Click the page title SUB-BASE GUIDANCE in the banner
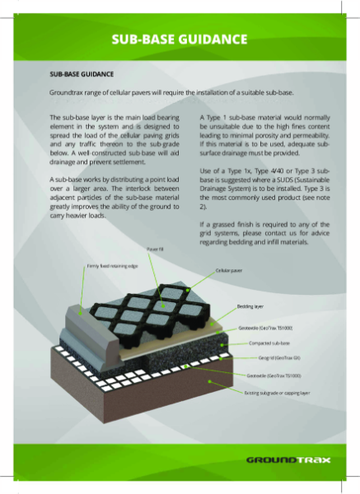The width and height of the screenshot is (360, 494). click(180, 39)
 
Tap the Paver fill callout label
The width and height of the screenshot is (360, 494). click(155, 248)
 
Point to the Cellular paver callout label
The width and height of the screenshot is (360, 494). click(228, 270)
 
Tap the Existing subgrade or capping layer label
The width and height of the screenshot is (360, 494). click(278, 393)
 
